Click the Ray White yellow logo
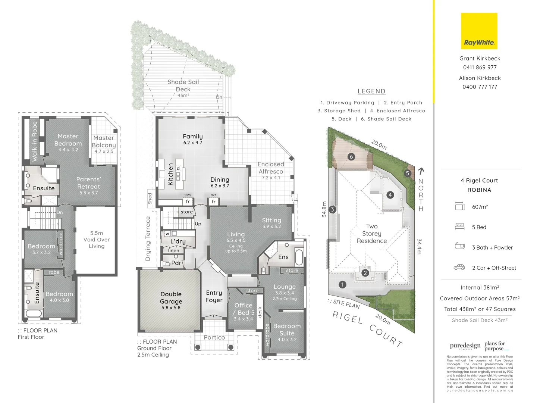coord(479,31)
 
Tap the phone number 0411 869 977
coord(480,68)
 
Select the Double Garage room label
coord(171,298)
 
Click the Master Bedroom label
coord(68,140)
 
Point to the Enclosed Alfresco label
coord(271,168)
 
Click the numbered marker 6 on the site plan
coord(351,157)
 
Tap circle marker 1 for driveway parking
coord(343,285)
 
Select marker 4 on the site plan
coord(390,195)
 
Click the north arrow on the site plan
coord(421,171)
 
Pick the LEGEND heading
coord(371,91)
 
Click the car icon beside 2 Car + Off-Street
coord(459,267)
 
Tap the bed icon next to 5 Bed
coord(459,226)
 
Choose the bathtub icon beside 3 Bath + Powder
coord(459,246)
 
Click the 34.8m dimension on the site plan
coord(324,209)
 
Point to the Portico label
coord(214,337)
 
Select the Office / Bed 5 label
coord(244,309)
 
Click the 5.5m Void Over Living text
coord(97,240)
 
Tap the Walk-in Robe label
coord(35,141)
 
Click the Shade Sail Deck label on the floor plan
coord(183,85)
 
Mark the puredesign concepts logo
coord(465,346)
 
